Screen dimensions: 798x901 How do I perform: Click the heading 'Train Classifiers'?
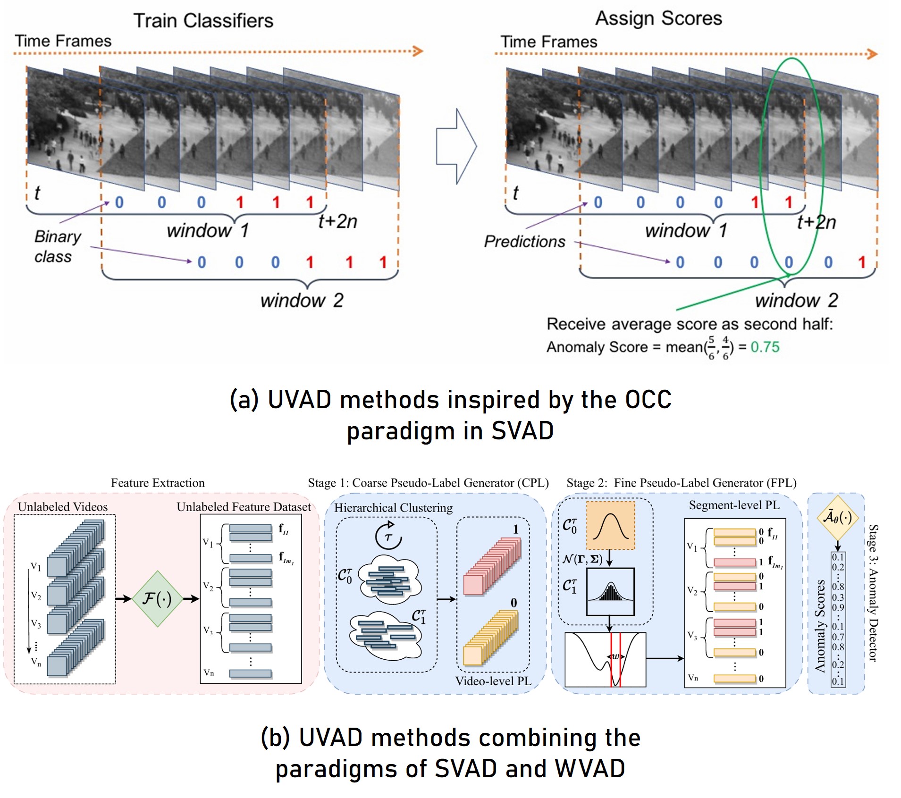click(203, 21)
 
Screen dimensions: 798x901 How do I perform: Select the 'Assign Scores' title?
click(658, 18)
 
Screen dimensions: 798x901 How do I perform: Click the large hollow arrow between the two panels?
click(456, 146)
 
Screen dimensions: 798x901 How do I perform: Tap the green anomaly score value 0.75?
click(765, 347)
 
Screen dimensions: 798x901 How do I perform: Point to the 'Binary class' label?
click(57, 246)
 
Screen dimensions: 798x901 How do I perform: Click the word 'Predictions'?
click(524, 242)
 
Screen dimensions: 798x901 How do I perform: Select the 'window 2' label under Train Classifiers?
click(302, 300)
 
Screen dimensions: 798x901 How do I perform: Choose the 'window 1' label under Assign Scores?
click(686, 231)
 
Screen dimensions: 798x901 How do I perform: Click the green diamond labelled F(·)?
click(157, 599)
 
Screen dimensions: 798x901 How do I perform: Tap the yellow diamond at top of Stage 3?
click(837, 518)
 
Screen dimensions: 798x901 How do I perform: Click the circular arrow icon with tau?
click(388, 536)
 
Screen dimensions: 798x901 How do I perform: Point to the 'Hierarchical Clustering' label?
click(393, 508)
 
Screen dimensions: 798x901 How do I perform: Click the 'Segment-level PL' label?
click(734, 505)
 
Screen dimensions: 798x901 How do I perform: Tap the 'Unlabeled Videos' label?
click(63, 507)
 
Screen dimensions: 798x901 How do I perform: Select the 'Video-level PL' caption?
click(493, 681)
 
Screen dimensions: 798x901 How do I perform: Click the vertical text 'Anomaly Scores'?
click(820, 625)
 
